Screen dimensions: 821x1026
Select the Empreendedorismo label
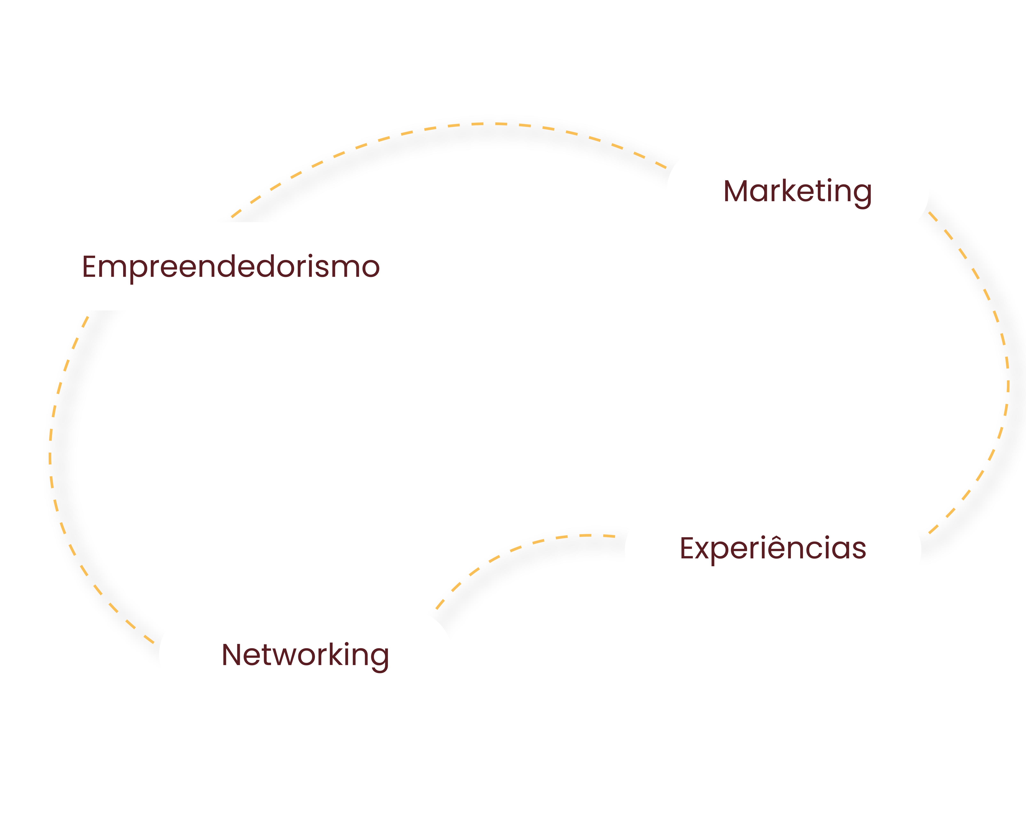[231, 267]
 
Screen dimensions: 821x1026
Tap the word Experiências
[773, 548]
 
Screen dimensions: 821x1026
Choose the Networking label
[305, 655]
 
